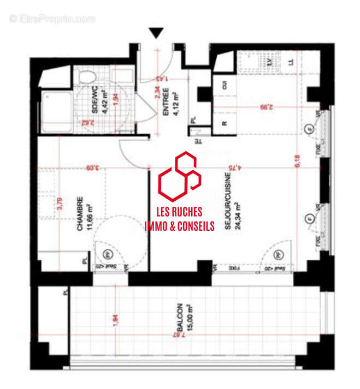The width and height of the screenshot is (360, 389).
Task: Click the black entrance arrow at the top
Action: tap(157, 33)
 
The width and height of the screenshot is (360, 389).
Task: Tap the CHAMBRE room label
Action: tap(80, 214)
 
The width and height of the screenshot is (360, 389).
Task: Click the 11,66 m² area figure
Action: tap(89, 214)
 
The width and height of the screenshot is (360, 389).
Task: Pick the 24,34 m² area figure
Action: tap(238, 216)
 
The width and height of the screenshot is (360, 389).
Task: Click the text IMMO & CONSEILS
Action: tap(179, 226)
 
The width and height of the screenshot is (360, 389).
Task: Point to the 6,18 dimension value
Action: tap(298, 161)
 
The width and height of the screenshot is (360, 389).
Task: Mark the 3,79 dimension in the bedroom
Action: tap(60, 204)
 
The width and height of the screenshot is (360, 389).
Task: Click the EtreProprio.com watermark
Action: tap(52, 19)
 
